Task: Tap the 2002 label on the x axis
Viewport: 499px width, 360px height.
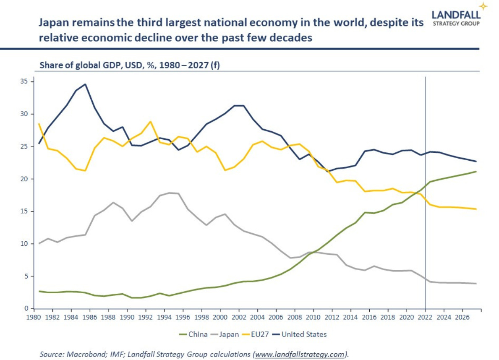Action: coord(239,317)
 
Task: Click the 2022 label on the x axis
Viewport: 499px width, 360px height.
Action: coord(425,317)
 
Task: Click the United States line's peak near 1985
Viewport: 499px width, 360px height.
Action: coord(86,84)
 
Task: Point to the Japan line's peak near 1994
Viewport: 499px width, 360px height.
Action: coord(169,193)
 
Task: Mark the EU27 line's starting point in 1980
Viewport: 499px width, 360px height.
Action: coord(39,124)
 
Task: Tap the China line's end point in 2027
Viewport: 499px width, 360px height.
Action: coord(476,171)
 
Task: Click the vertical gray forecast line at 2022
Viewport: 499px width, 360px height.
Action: coord(426,126)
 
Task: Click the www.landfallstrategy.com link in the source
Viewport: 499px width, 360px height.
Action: coord(301,354)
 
